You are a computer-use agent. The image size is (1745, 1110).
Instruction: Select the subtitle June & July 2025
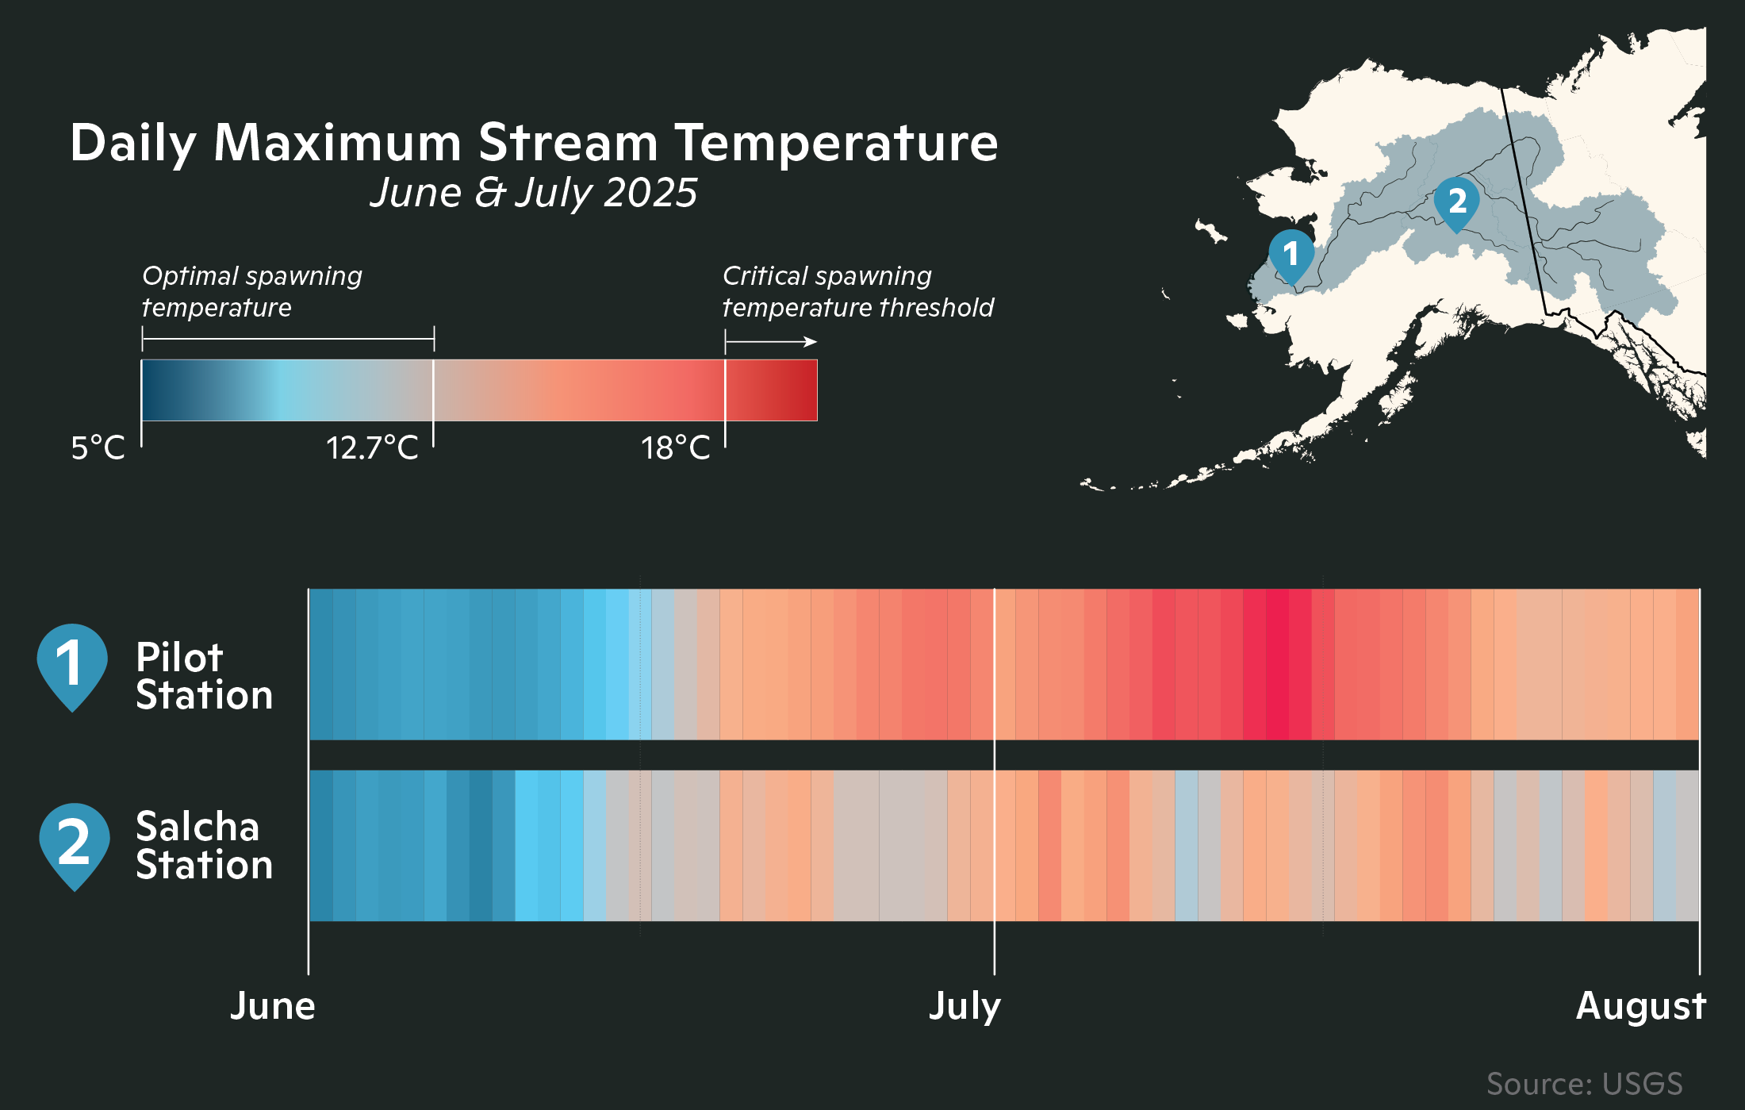pos(533,193)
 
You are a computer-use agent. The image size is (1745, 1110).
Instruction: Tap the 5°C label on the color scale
pos(98,448)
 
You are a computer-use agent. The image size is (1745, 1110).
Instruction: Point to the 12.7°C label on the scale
pos(371,448)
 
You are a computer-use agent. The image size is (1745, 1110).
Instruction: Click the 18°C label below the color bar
pos(675,448)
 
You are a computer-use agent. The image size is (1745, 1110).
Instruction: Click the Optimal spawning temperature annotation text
pos(251,291)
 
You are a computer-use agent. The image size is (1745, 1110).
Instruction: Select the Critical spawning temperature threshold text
pos(857,291)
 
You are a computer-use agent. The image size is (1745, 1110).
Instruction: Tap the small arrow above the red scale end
pos(807,342)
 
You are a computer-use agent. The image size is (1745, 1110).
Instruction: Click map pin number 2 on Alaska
pos(1456,201)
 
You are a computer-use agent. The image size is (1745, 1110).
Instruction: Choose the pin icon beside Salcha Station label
pos(74,843)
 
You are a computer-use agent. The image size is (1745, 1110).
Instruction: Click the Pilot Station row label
pos(204,676)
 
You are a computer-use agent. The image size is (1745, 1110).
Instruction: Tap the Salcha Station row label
pos(204,846)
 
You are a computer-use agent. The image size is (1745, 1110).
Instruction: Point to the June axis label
pos(272,1006)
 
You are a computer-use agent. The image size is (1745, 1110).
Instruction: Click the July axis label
pos(965,1006)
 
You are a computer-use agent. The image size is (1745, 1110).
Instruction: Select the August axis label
pos(1640,1006)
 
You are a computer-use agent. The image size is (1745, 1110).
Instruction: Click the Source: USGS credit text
pos(1584,1084)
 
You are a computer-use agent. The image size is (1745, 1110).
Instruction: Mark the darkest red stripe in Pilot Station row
pos(1277,664)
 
